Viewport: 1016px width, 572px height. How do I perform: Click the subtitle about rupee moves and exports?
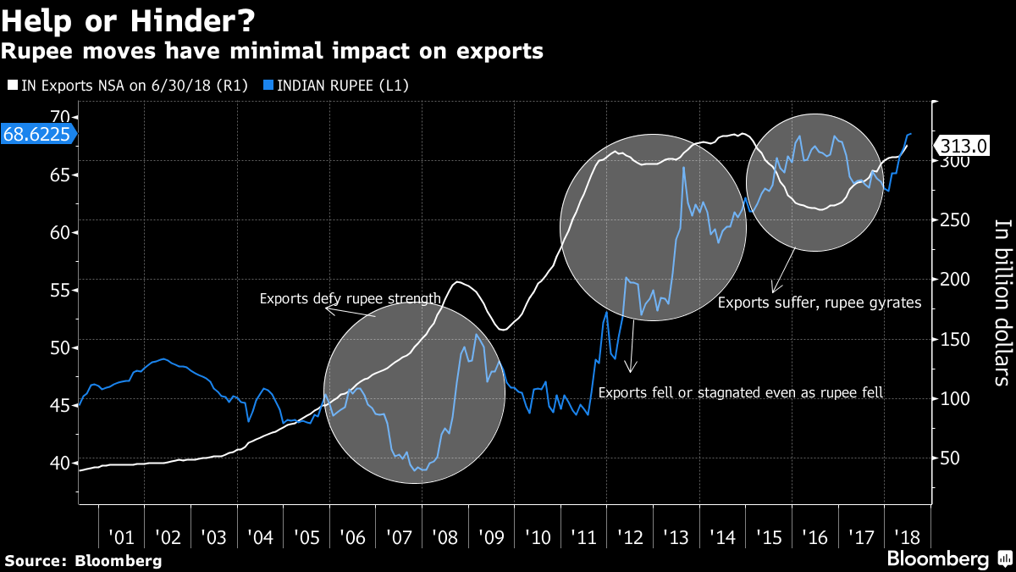click(272, 51)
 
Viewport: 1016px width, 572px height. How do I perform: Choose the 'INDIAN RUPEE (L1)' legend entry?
click(343, 86)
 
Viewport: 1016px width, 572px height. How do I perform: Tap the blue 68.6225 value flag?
click(38, 134)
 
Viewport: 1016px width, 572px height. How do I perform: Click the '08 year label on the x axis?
click(444, 537)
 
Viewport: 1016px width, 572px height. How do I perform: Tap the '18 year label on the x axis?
click(908, 537)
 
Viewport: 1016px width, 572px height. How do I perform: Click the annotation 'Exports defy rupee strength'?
click(350, 298)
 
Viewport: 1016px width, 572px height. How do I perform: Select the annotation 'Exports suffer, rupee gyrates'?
click(819, 302)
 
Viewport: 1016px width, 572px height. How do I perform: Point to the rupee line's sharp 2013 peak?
click(683, 168)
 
